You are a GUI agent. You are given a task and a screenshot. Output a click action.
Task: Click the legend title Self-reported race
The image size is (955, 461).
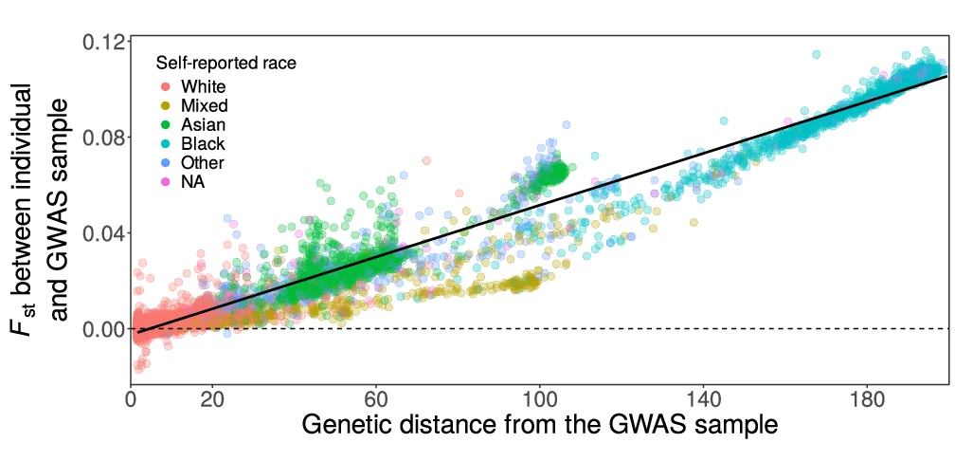click(x=226, y=65)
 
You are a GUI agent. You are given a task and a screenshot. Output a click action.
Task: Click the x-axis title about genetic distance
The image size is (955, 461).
click(x=539, y=426)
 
